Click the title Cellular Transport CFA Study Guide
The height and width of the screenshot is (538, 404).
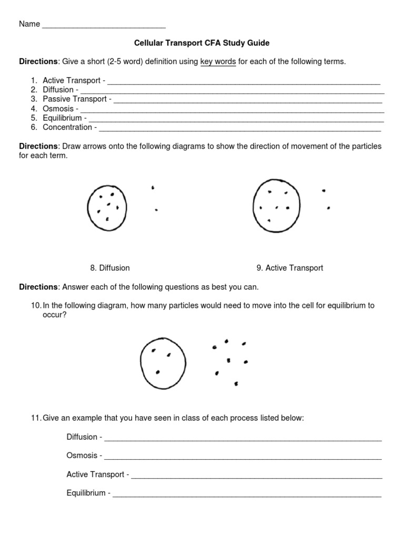pos(203,43)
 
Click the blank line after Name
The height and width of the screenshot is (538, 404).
pos(104,25)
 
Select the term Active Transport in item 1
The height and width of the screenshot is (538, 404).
pos(72,80)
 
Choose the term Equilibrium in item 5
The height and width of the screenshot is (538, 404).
pos(62,118)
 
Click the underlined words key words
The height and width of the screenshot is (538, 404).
pos(218,61)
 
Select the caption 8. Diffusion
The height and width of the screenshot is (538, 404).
pos(110,268)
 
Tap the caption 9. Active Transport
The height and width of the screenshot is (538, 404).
pos(290,268)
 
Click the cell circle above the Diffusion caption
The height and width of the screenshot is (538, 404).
pos(107,208)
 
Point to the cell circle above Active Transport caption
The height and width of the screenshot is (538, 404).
pos(277,205)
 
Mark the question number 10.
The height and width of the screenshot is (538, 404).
pos(36,305)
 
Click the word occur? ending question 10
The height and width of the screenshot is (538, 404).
pos(54,315)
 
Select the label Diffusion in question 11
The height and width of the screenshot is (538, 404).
pos(82,437)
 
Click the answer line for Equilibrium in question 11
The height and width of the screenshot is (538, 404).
pos(247,494)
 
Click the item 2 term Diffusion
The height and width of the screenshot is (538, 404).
pos(58,90)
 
